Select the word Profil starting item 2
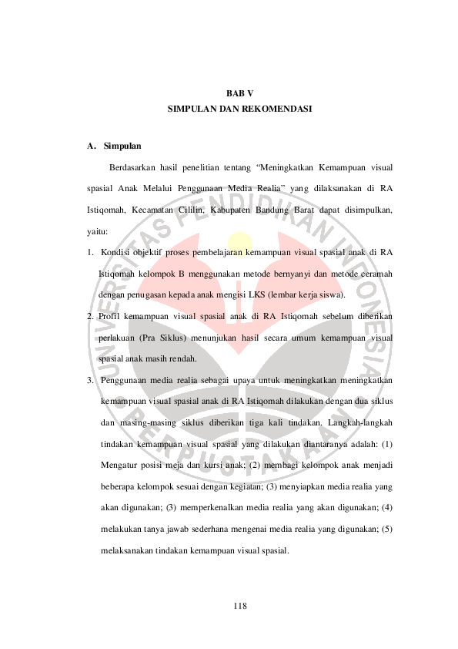(112, 316)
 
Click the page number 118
(240, 606)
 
